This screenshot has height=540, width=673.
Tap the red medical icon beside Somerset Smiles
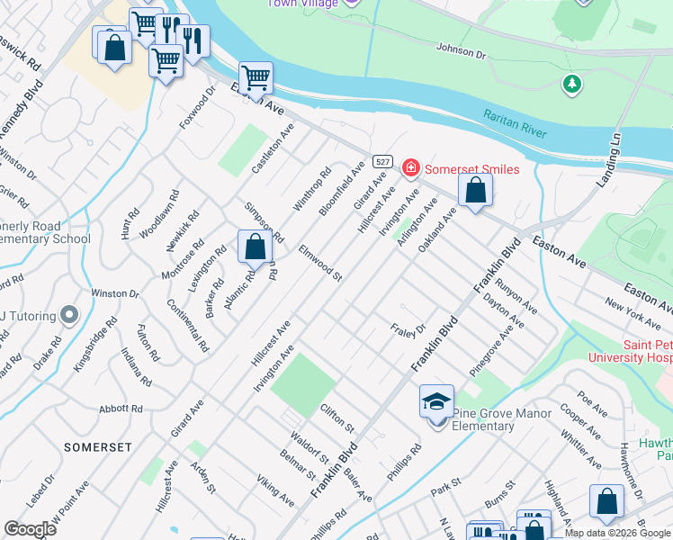point(410,168)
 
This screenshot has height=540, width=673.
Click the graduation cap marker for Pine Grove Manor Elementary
point(436,401)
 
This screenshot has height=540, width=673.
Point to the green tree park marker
point(570,85)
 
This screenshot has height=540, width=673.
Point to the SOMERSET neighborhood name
point(98,447)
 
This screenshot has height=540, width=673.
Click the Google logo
point(30,529)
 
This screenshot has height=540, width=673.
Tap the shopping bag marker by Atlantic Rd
point(256,246)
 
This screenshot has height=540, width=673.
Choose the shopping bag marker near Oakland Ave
point(475,190)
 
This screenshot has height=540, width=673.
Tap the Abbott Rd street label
point(121,409)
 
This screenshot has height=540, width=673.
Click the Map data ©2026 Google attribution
point(617,533)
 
